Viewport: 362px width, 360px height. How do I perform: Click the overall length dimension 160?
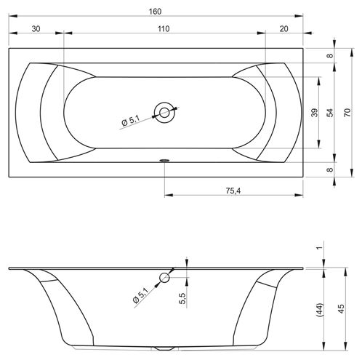(155, 12)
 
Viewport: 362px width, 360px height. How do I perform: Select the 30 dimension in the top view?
(36, 29)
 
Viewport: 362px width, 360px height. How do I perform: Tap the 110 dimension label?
(164, 29)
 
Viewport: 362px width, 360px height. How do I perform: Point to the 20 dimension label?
(284, 29)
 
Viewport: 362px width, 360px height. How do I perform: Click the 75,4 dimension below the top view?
(233, 191)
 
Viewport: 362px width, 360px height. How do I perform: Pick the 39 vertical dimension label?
(314, 113)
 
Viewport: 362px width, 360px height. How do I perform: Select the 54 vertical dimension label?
(330, 113)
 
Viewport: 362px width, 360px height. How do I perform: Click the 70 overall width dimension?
(347, 113)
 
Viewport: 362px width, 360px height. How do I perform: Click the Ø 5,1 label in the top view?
(131, 121)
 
